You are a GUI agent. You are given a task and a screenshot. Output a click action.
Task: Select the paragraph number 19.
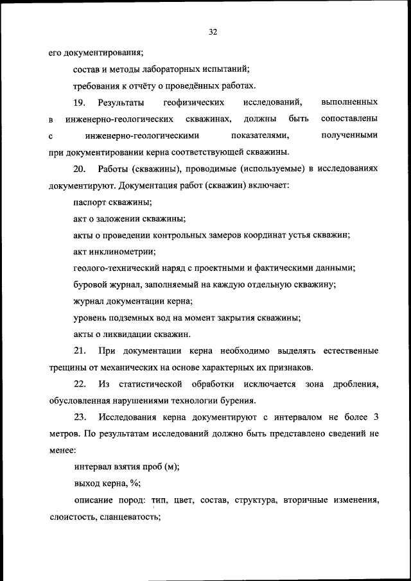(80, 103)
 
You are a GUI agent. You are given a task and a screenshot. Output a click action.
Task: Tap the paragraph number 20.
(80, 169)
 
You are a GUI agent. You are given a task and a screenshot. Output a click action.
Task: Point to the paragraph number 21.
(80, 351)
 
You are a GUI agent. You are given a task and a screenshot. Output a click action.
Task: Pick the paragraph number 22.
(80, 385)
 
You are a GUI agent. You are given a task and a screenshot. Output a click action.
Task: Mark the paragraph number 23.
(80, 418)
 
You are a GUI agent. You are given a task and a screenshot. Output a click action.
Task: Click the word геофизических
(193, 103)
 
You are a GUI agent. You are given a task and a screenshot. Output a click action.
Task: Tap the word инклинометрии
(123, 252)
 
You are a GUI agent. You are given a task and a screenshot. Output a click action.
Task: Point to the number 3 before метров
(376, 418)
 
